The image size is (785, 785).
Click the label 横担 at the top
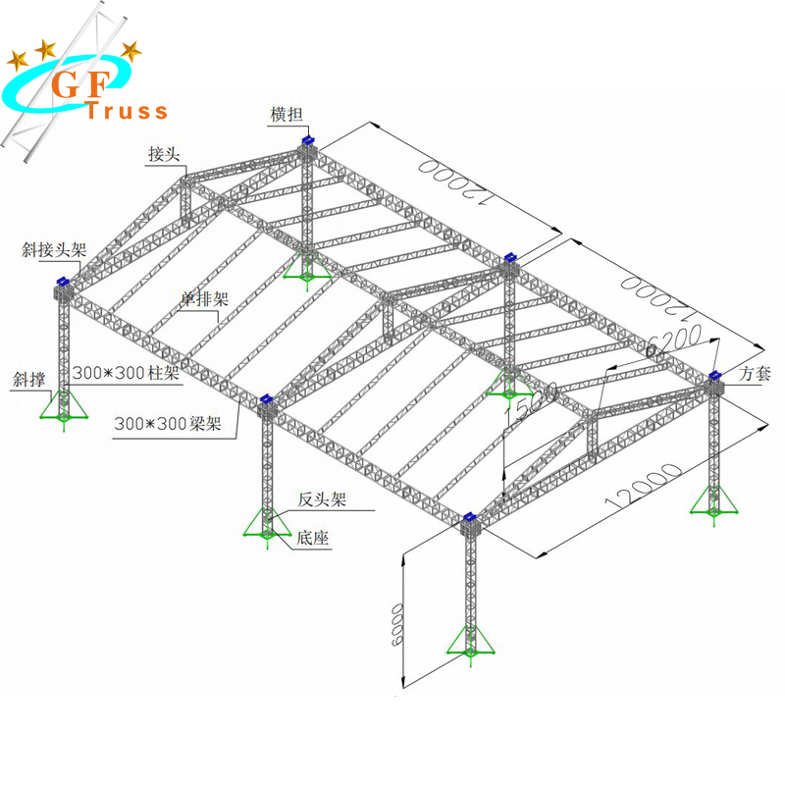tap(287, 115)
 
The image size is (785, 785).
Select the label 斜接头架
tap(54, 250)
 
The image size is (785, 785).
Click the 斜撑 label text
tap(28, 378)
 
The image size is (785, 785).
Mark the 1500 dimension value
tap(529, 402)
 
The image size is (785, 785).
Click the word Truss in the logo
tap(127, 111)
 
